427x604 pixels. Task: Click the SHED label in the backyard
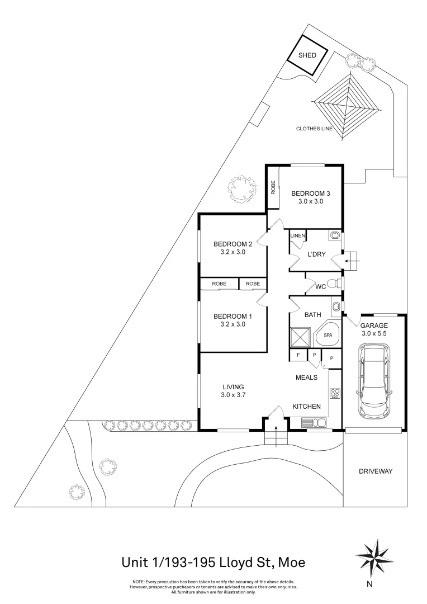tap(307, 55)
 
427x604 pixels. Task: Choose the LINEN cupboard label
tap(297, 236)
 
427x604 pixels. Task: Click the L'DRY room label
tap(316, 254)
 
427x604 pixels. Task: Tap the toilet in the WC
tap(333, 284)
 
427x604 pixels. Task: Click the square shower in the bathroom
tap(300, 337)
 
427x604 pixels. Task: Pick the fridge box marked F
tap(298, 355)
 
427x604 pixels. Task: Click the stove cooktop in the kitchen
tap(335, 394)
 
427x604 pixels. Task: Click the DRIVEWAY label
tap(375, 471)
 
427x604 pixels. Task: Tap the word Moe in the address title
tap(290, 561)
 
